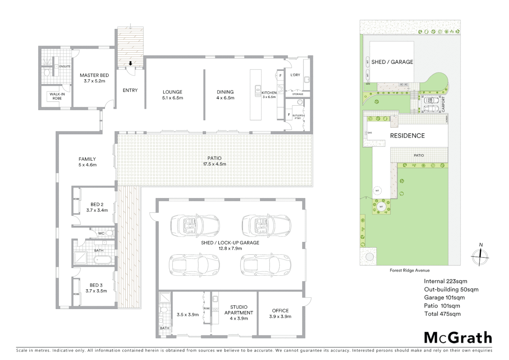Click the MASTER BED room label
94,75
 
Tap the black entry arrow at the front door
130,63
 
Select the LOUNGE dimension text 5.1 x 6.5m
173,98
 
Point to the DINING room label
225,92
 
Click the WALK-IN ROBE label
57,96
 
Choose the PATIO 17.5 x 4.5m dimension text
215,164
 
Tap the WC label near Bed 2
101,233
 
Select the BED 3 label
96,285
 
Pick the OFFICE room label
280,311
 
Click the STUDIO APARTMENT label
239,310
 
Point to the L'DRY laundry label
295,75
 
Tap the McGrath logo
458,338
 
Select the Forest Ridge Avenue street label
409,270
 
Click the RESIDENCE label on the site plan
407,136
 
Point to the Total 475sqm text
442,314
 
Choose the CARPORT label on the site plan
443,104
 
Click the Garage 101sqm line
444,298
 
